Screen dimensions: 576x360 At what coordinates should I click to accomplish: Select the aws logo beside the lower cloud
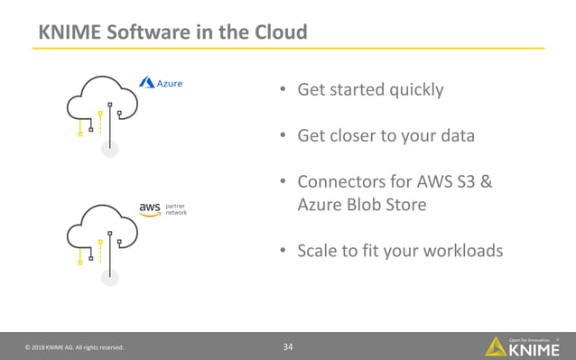(149, 208)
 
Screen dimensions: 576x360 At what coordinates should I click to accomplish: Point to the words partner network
(176, 208)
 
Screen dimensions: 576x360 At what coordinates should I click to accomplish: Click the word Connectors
(343, 182)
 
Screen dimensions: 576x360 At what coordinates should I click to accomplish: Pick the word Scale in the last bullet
(317, 251)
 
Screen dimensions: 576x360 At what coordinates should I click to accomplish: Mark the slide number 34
(288, 346)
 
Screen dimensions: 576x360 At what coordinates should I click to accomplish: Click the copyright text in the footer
(74, 347)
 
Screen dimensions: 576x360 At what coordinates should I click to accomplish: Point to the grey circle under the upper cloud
(109, 149)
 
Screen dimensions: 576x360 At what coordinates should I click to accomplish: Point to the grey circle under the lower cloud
(109, 277)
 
